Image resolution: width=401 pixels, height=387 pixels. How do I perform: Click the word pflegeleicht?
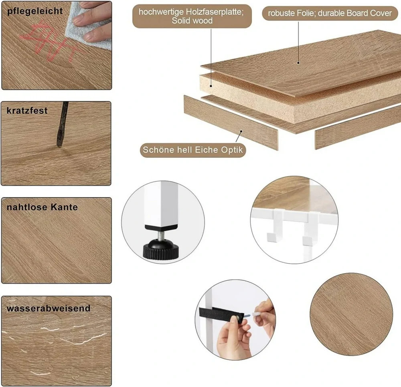[35, 11]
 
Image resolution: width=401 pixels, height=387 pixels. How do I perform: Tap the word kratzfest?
[27, 110]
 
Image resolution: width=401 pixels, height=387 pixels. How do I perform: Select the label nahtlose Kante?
[42, 207]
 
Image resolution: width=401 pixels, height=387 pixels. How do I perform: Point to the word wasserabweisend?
[49, 308]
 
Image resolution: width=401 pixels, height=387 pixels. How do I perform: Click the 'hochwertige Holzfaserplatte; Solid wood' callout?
[192, 16]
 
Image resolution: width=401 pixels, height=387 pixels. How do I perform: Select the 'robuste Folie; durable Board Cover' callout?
[330, 13]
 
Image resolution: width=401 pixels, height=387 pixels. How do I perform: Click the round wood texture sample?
[351, 314]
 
